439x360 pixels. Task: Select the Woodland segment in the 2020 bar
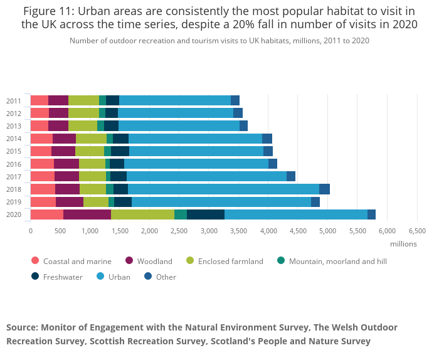tap(87, 214)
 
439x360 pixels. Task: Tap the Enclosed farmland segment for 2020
tap(142, 214)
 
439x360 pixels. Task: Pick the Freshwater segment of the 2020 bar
tap(206, 214)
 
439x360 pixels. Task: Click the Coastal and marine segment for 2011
tap(39, 100)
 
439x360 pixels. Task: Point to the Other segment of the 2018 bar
tap(324, 189)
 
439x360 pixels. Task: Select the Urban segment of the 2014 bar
tap(195, 139)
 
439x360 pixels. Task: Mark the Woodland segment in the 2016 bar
tap(66, 164)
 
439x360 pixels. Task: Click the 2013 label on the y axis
tap(14, 126)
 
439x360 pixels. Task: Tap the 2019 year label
tap(14, 202)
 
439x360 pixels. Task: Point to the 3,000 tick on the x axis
tap(209, 231)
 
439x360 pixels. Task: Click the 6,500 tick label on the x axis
tap(417, 231)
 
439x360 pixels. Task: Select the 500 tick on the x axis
tap(60, 231)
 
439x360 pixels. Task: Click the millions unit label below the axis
tap(403, 243)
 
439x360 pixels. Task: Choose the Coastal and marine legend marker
tap(35, 261)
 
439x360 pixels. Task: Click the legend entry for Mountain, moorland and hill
tap(337, 262)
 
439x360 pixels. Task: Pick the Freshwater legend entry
tap(62, 277)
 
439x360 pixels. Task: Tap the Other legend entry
tap(166, 277)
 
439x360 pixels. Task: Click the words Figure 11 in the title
tap(51, 10)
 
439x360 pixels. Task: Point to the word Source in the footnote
tap(21, 327)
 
